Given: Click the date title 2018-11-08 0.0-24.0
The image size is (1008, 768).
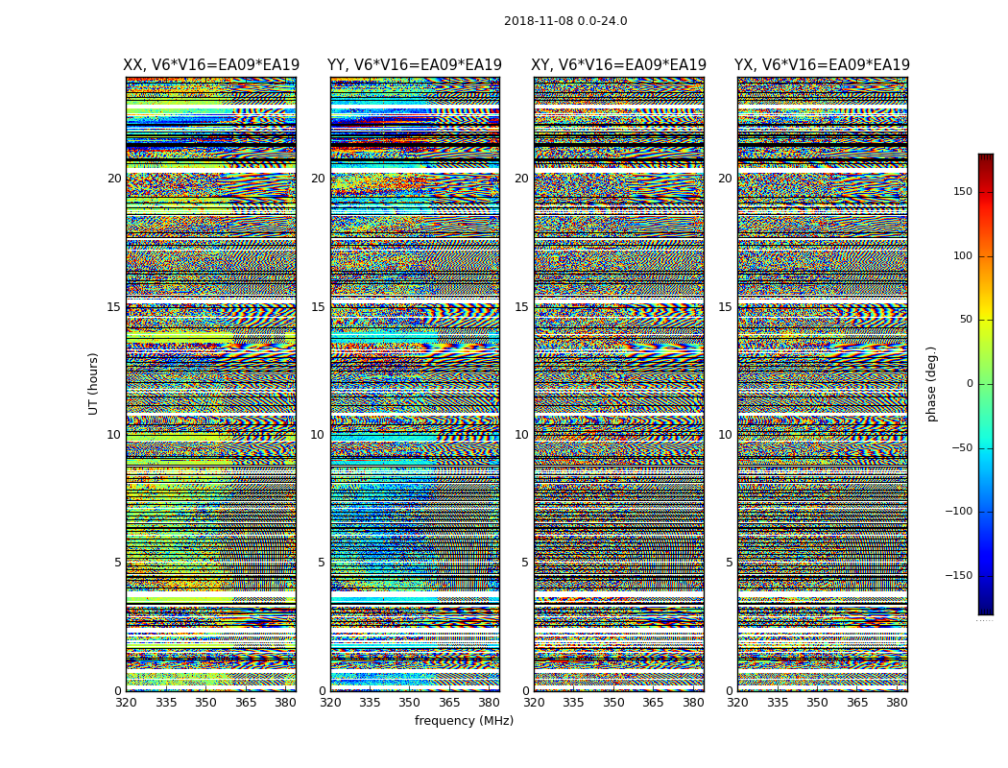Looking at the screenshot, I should point(565,21).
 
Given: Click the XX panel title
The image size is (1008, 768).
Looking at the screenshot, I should point(211,65).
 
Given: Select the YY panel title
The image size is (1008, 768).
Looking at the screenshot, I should point(415,65).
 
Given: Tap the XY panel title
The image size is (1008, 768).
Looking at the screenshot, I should point(619,65).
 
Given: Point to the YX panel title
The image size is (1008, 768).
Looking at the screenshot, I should point(822,65).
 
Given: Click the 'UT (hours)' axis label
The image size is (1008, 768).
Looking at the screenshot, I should point(94,383).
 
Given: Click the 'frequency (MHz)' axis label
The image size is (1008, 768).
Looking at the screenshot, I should point(464,721).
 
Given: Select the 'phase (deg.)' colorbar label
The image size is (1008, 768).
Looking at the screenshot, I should point(931,383).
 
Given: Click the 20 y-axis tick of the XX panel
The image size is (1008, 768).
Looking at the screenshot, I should point(114,179).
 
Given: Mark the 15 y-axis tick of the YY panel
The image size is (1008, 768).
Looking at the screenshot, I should point(318,307).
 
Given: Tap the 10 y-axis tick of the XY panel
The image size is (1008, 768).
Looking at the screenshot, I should point(521,435).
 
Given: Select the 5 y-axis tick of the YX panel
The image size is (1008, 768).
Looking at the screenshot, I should point(729,563).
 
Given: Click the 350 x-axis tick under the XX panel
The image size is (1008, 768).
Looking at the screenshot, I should point(205,703).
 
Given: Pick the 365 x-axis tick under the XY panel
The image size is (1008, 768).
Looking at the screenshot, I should point(653,703).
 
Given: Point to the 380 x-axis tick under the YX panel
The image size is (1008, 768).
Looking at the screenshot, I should point(897,703).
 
